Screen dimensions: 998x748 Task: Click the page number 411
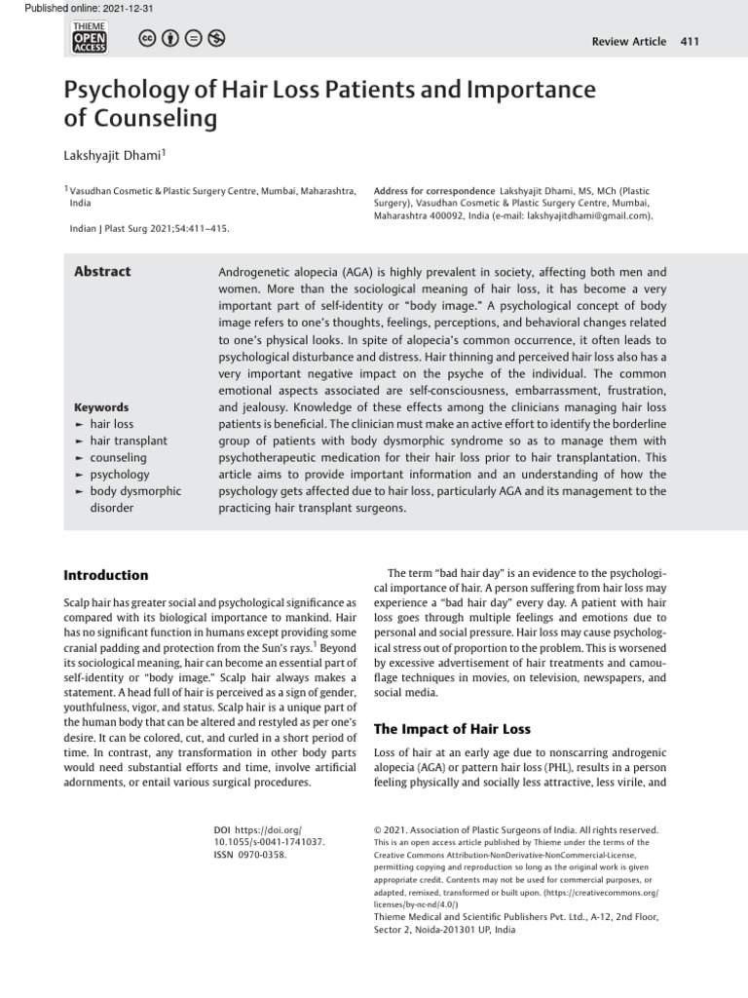690,41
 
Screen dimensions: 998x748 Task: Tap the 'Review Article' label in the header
629,41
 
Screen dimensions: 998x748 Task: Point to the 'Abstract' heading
102,272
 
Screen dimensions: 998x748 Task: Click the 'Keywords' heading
101,407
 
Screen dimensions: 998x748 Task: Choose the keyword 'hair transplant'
129,441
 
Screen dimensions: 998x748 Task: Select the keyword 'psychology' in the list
120,475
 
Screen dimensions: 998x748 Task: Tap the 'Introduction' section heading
106,575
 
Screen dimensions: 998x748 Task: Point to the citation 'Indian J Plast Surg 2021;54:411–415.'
150,229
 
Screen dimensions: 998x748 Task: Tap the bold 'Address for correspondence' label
433,191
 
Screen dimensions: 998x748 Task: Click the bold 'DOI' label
221,828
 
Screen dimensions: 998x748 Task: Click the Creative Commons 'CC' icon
147,39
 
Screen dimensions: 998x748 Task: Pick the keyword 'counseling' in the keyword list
119,457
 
